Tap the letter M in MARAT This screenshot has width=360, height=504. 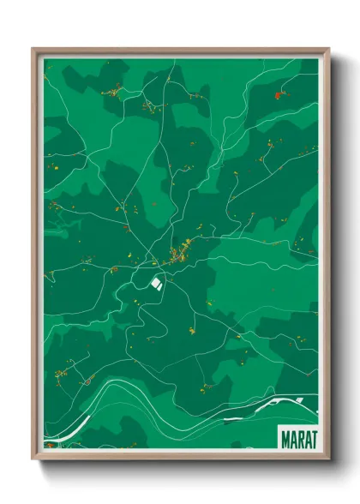(x=285, y=438)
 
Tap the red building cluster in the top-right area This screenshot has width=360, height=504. (x=276, y=95)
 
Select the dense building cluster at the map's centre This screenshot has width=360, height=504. (x=181, y=253)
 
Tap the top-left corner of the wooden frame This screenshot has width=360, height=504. (x=34, y=50)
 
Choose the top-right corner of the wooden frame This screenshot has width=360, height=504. (x=327, y=50)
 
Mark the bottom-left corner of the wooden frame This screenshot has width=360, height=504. (x=34, y=458)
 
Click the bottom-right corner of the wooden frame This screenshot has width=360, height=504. (x=327, y=458)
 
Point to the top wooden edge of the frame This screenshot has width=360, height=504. (x=180, y=51)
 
